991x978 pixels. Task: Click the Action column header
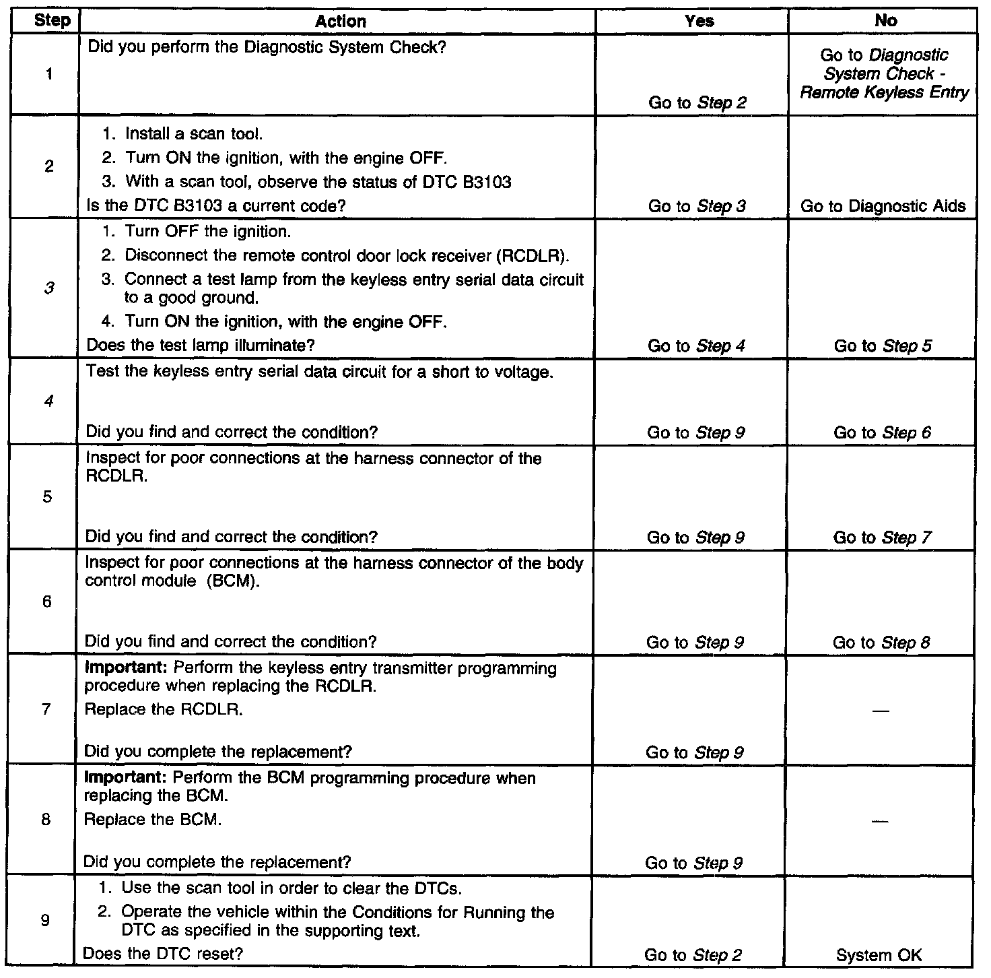pyautogui.click(x=341, y=21)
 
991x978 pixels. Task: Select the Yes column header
pyautogui.click(x=699, y=21)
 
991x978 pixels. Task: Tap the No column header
pyautogui.click(x=885, y=21)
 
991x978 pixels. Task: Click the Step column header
pyautogui.click(x=52, y=20)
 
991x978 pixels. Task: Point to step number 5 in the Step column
pyautogui.click(x=48, y=497)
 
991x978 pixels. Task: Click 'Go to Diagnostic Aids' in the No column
pyautogui.click(x=883, y=206)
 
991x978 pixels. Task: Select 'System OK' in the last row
pyautogui.click(x=879, y=954)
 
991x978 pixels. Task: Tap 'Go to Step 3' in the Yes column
pyautogui.click(x=697, y=206)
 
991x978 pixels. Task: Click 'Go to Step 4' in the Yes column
pyautogui.click(x=696, y=346)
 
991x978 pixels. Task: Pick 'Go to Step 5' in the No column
pyautogui.click(x=883, y=346)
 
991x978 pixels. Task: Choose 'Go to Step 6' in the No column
pyautogui.click(x=882, y=432)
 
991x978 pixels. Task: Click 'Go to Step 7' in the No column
pyautogui.click(x=882, y=537)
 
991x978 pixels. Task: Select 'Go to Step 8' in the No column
pyautogui.click(x=881, y=643)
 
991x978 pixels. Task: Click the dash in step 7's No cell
pyautogui.click(x=881, y=711)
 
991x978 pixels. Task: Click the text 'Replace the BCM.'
pyautogui.click(x=151, y=820)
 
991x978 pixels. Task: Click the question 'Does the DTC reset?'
pyautogui.click(x=162, y=954)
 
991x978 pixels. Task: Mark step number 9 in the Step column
pyautogui.click(x=45, y=920)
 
